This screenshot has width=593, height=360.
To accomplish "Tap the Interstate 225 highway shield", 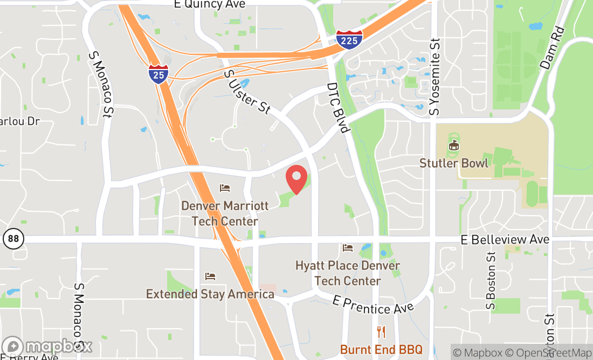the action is point(349,39).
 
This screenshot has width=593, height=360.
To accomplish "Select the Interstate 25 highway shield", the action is point(158,73).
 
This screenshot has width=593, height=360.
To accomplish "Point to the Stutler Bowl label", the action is point(454,163).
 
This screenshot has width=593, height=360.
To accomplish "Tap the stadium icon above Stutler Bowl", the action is point(454,146).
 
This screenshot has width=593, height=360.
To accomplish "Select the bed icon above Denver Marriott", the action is point(225,188).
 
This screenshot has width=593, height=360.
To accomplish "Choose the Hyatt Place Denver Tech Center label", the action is point(348,273).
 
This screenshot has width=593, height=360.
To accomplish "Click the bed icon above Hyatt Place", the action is point(348,248).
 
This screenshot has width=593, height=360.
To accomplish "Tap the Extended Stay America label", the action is point(210,294).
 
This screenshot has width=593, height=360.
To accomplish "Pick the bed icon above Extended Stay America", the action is point(210,276).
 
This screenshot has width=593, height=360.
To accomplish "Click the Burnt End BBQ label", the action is point(381,350).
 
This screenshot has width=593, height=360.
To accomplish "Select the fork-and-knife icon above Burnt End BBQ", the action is point(381,332).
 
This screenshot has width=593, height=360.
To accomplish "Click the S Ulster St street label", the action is point(246,92).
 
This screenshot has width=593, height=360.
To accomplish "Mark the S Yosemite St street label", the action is point(435,77).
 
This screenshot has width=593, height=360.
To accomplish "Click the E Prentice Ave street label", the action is point(373,305).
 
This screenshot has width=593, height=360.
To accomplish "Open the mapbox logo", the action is point(47,347).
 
